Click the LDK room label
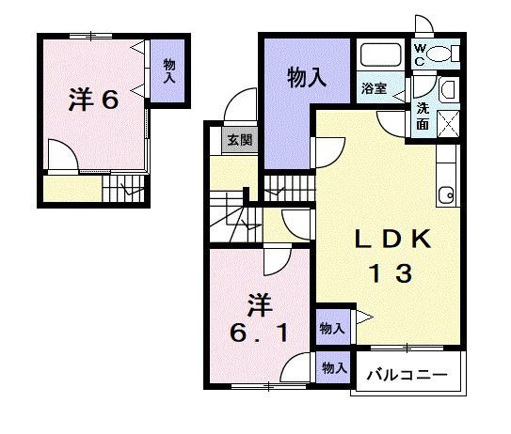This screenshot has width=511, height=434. pyautogui.click(x=393, y=240)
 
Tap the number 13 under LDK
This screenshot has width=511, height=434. pyautogui.click(x=390, y=274)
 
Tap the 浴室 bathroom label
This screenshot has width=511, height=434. pyautogui.click(x=374, y=88)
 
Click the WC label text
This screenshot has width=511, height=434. pyautogui.click(x=421, y=55)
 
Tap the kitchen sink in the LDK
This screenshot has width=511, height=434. pyautogui.click(x=447, y=196)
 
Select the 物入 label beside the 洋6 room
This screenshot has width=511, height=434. pyautogui.click(x=169, y=71)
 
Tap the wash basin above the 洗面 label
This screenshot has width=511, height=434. pyautogui.click(x=448, y=90)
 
